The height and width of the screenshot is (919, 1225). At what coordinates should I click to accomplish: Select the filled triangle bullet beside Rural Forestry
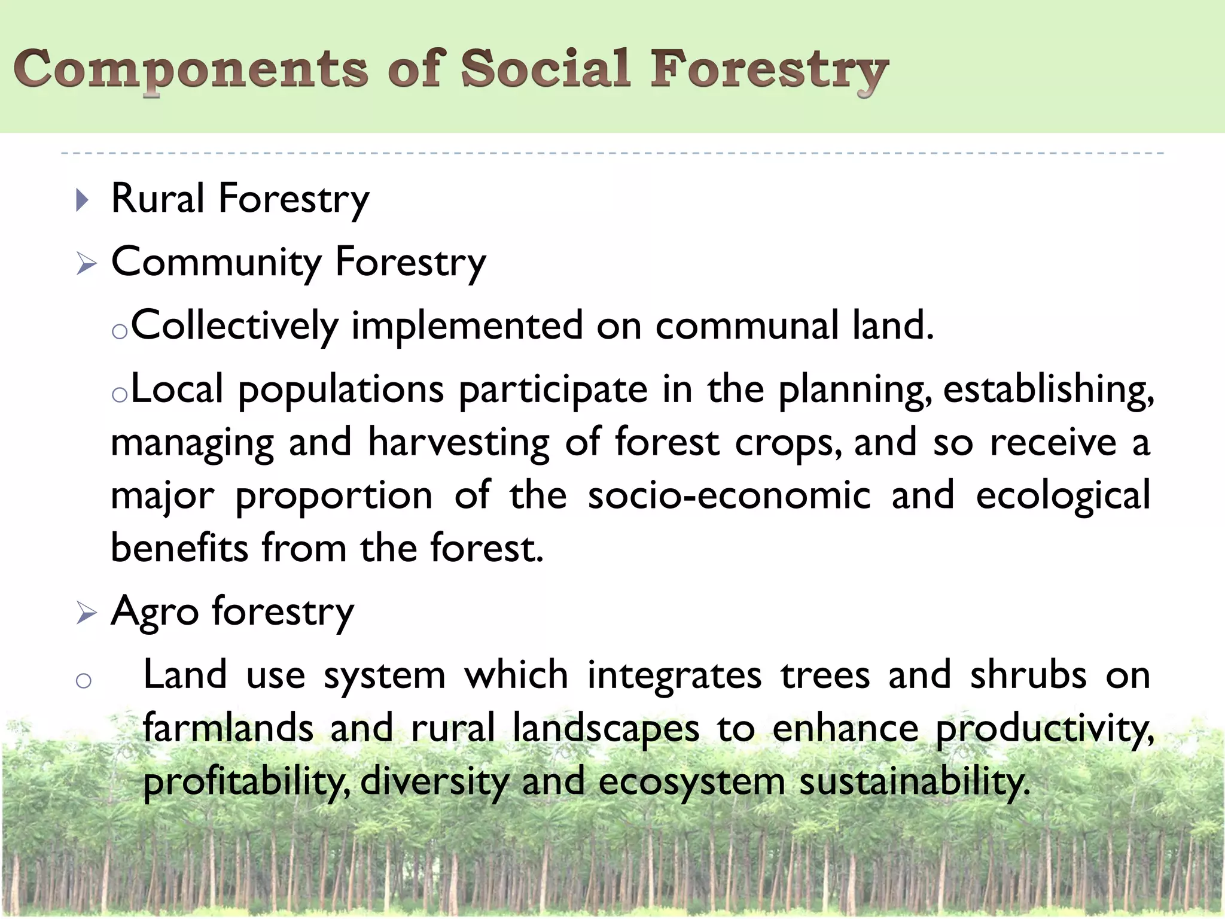(83, 200)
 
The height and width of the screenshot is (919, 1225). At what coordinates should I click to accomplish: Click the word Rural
(158, 199)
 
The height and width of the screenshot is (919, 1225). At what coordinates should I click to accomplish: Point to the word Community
(217, 263)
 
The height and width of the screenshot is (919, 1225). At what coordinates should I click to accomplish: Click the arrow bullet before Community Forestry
(86, 263)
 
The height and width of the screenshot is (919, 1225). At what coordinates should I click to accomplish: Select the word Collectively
(235, 327)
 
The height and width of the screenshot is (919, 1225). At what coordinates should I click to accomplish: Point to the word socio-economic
(729, 496)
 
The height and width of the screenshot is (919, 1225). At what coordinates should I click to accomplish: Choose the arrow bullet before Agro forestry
(86, 613)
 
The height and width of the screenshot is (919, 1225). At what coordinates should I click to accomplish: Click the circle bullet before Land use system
(84, 680)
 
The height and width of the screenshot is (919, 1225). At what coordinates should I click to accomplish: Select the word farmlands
(228, 729)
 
